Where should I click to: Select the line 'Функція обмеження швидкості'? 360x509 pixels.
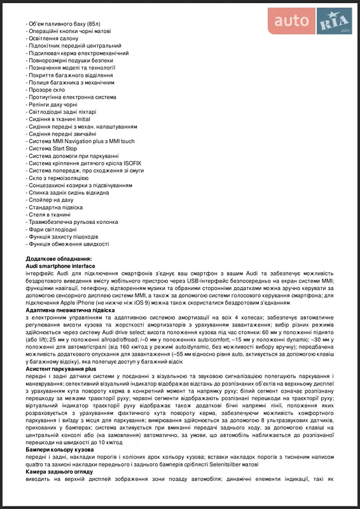tap(69, 244)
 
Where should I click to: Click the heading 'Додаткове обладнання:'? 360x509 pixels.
tap(59, 258)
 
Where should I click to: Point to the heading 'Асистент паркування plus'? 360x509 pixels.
tap(61, 368)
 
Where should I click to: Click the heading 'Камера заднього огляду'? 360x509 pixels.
tap(60, 472)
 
